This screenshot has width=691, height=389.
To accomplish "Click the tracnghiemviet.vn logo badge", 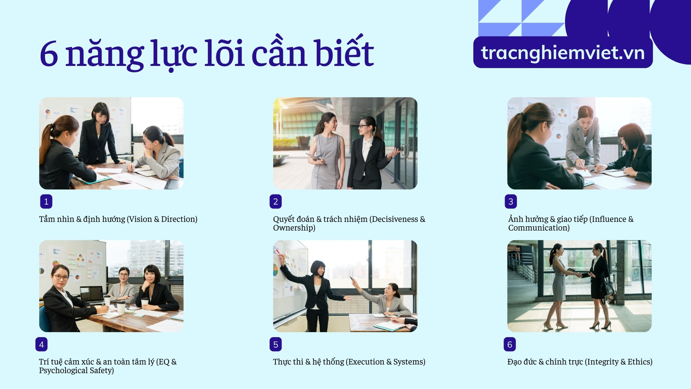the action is (x=563, y=53).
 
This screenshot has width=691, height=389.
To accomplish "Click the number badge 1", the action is (x=46, y=202).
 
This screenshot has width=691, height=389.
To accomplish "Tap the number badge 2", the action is (x=276, y=202).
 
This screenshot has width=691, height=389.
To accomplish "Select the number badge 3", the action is (x=511, y=202).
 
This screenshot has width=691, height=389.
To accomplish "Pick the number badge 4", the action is (x=41, y=344).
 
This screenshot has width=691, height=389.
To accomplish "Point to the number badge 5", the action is (x=276, y=344).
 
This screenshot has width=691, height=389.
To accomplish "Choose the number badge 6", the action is (x=510, y=344).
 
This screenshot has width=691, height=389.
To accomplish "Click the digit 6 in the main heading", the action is (x=49, y=54).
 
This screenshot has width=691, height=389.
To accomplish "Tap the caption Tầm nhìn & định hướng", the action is (x=82, y=219).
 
